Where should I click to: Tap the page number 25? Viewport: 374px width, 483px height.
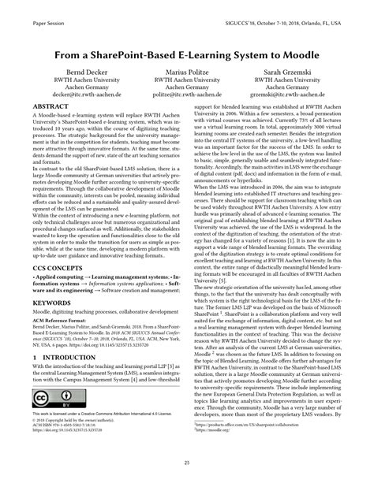pos(187,462)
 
